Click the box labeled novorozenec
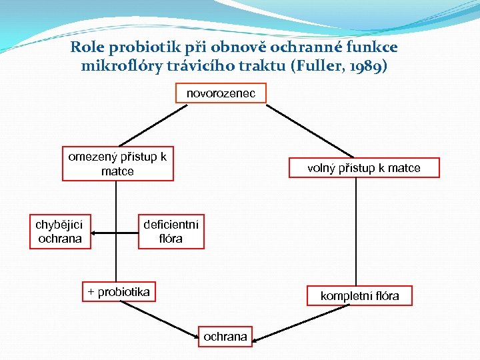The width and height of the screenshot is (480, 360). (221, 93)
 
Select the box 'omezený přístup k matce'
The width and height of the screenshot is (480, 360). (117, 164)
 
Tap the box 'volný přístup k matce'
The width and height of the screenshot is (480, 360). (363, 168)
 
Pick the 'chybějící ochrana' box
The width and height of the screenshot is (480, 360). (60, 231)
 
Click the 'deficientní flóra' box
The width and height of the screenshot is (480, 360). (171, 231)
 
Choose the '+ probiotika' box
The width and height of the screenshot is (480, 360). (119, 292)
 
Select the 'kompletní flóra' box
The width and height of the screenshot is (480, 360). (359, 295)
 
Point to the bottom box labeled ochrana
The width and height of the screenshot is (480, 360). (225, 337)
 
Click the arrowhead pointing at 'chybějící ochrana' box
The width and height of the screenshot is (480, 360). (95, 233)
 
